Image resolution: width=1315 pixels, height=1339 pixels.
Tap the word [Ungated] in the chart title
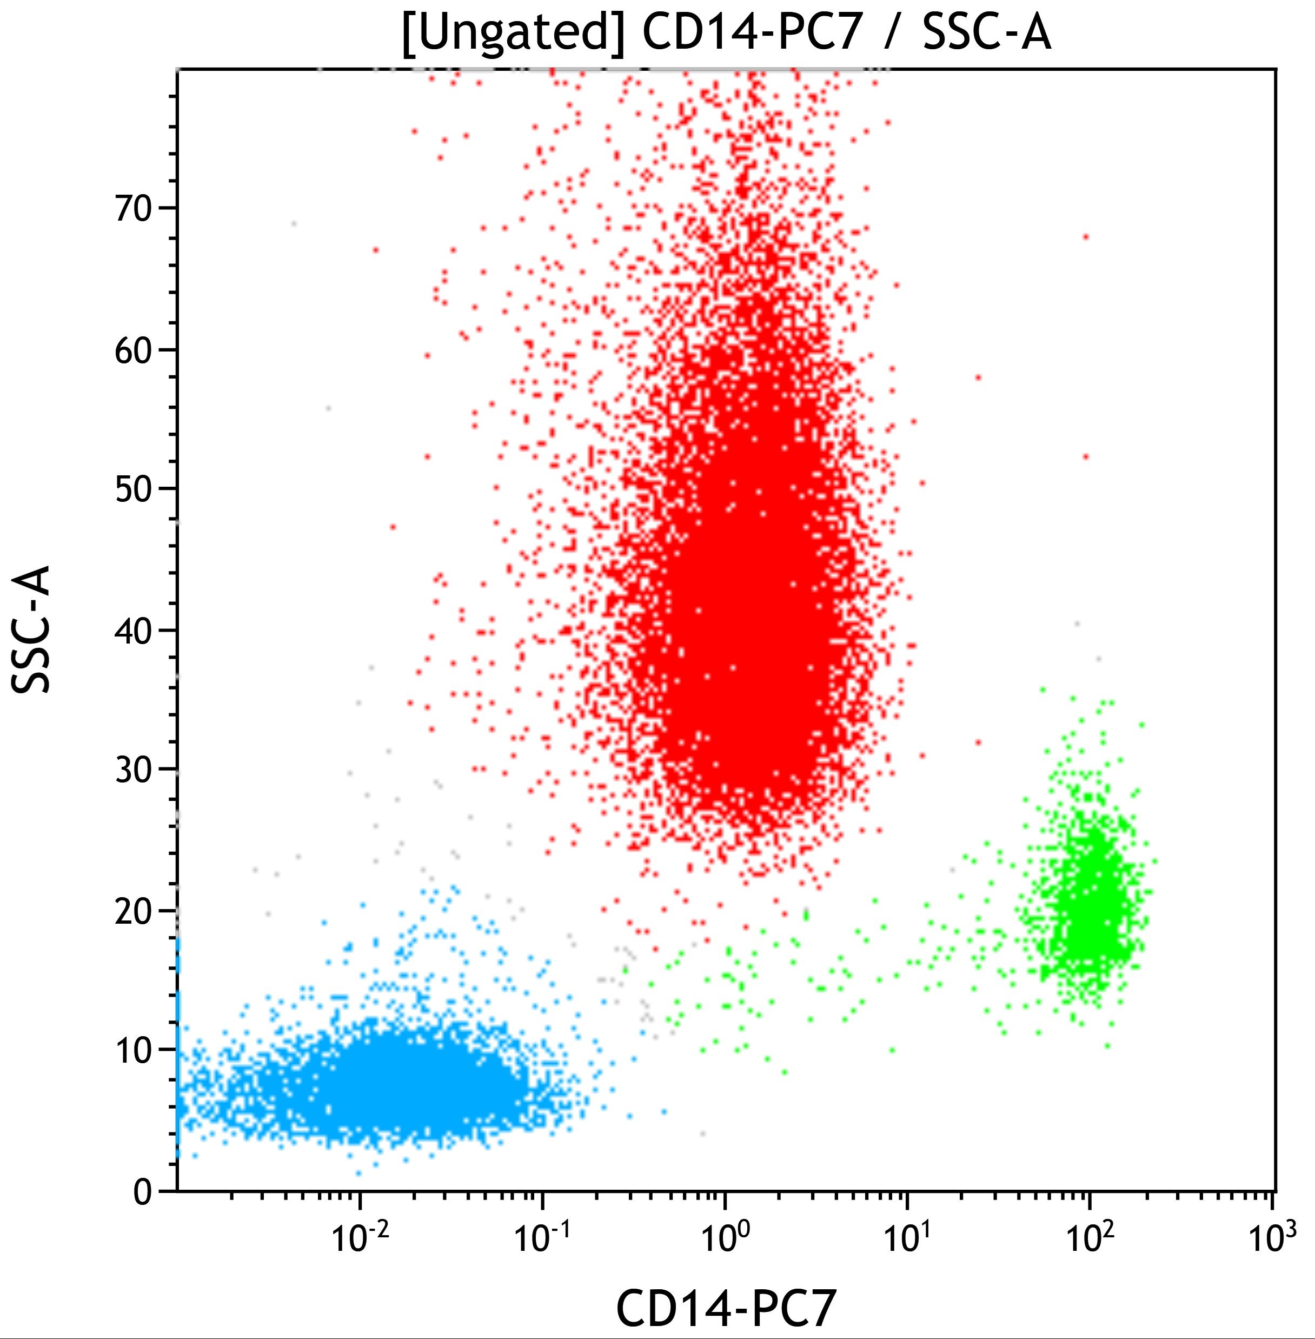[514, 33]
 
